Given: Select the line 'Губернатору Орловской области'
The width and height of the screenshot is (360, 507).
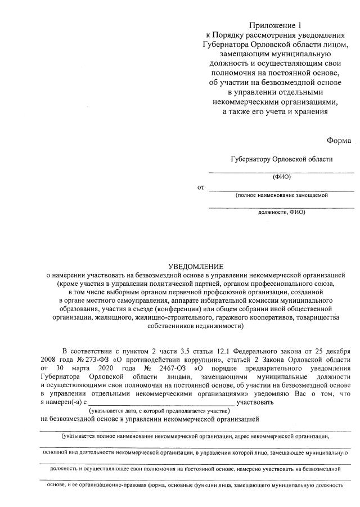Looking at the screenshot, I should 281,159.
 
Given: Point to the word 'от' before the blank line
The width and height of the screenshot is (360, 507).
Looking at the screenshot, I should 201,187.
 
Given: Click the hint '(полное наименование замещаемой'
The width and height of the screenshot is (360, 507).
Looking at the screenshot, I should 281,195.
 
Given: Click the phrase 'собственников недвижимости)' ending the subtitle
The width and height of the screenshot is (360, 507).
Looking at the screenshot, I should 196,326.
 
